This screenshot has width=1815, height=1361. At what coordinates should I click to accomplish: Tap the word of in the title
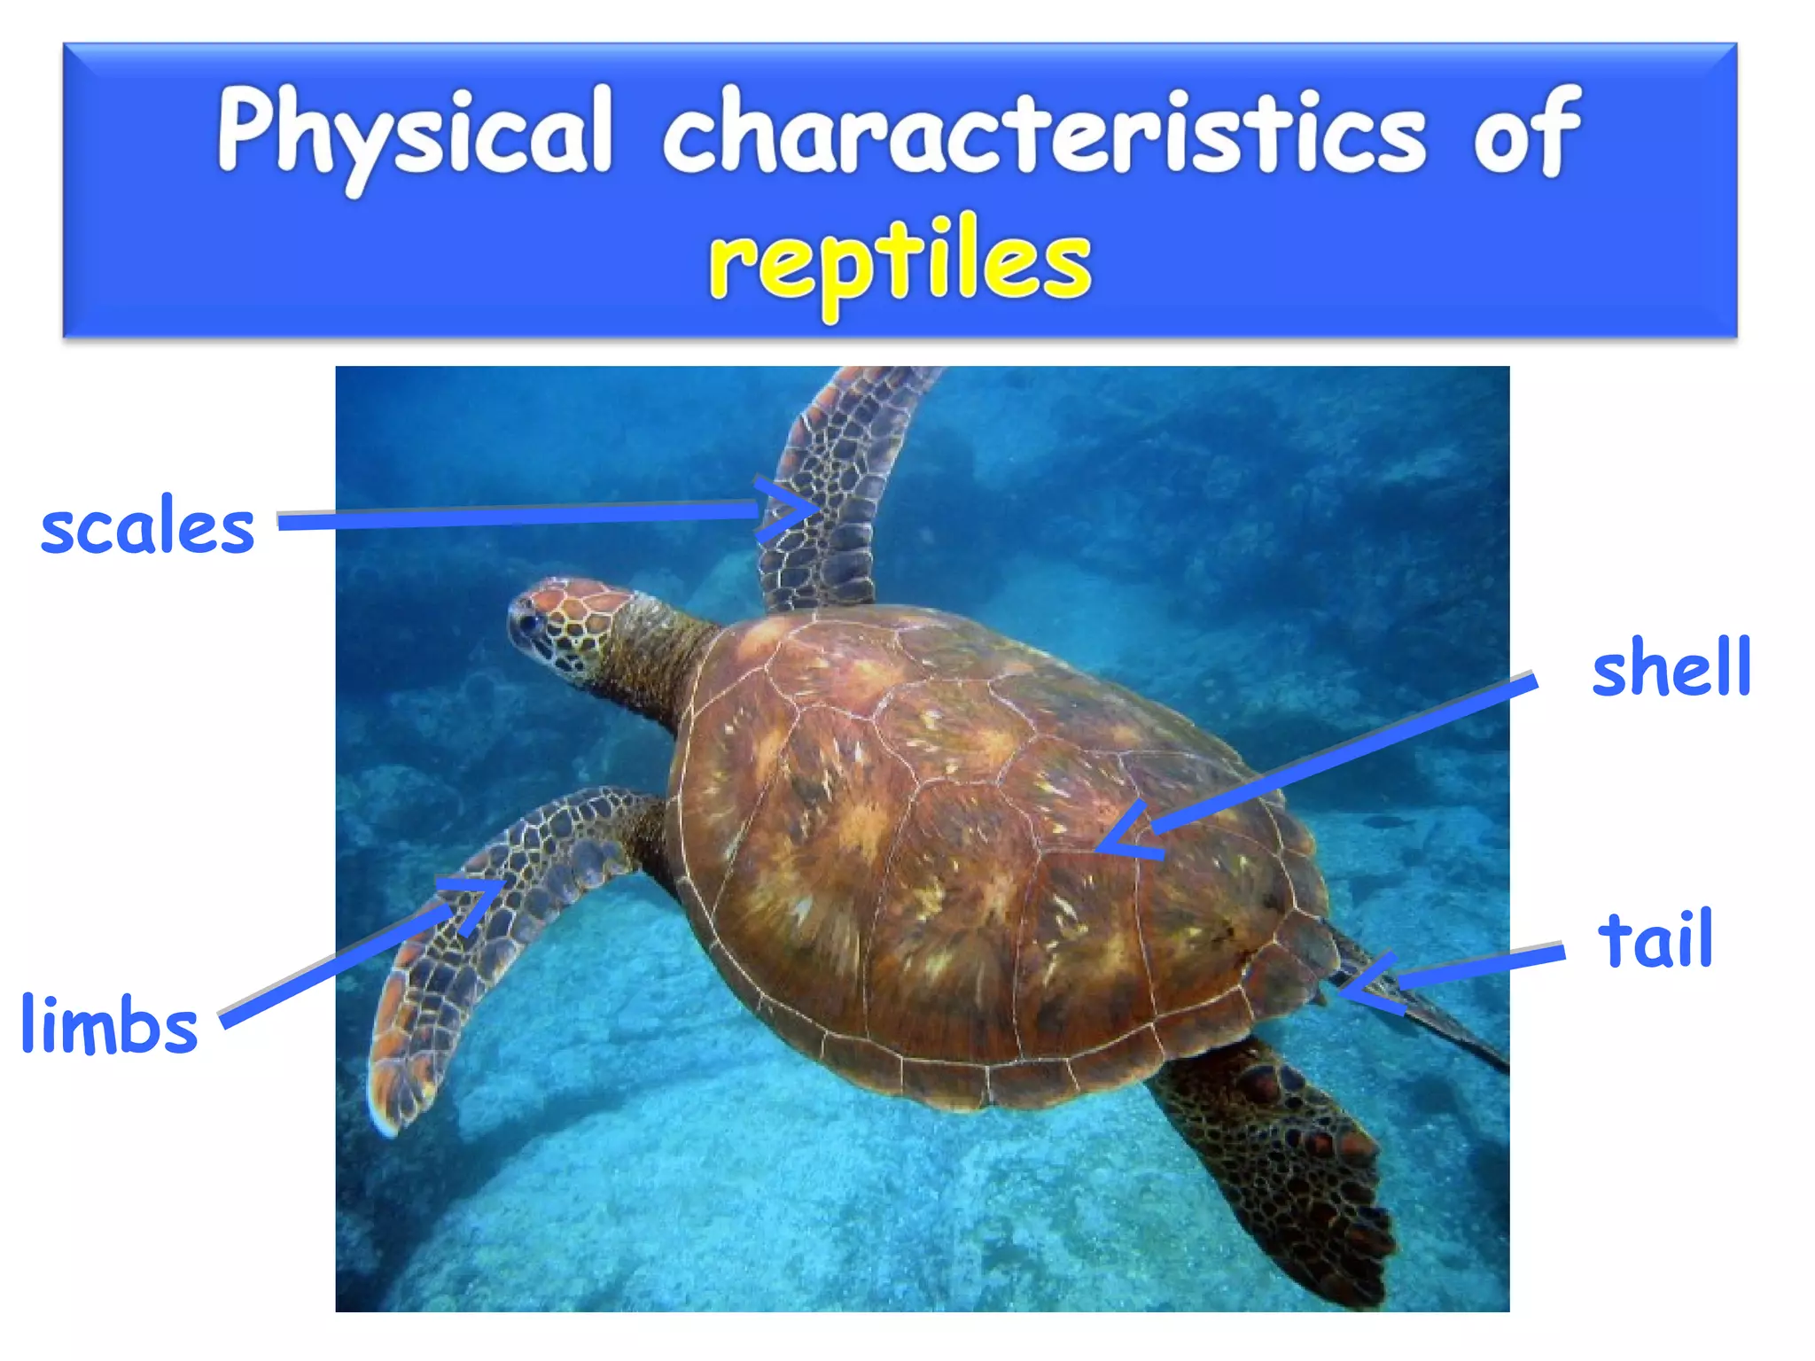pyautogui.click(x=1526, y=133)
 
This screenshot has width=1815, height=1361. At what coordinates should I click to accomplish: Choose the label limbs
pyautogui.click(x=109, y=1024)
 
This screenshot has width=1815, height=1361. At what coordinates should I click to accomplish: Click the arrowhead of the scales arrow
pyautogui.click(x=811, y=508)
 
